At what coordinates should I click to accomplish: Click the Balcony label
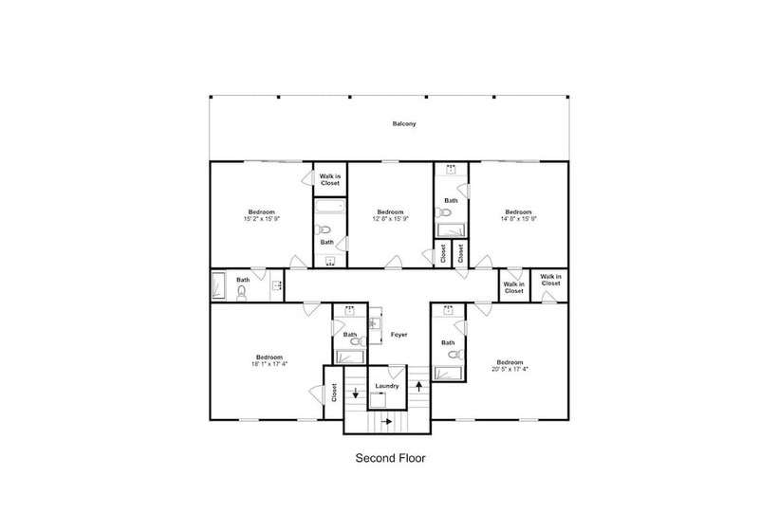coord(404,124)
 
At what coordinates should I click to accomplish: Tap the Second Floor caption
coord(391,458)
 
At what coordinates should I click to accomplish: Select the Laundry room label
coord(387,386)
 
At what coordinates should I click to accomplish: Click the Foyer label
coord(398,335)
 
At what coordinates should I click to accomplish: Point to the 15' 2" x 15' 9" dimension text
coord(262,219)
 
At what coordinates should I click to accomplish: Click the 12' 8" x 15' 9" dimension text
coord(391,219)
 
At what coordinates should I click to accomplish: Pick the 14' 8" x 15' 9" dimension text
coord(518,219)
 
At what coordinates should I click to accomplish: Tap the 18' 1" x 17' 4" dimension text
coord(269,364)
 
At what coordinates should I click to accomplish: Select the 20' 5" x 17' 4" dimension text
coord(510,369)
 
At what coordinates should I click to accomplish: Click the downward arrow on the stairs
coord(355,393)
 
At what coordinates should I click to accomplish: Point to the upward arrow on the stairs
coord(419,386)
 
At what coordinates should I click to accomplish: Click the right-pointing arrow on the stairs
coord(386,421)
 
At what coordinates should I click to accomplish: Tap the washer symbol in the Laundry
coord(378,400)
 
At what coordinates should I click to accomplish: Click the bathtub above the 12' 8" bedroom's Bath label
coord(330,207)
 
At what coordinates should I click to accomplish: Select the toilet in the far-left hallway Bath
coord(242,293)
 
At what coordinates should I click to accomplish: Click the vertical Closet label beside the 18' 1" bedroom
coord(334,393)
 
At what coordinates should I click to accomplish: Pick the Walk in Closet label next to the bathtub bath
coord(330,179)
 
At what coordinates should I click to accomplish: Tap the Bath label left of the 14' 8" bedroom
coord(451,201)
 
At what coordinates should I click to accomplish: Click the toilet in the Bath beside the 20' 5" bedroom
coord(456,355)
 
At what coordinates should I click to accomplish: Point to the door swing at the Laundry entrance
coord(396,372)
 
